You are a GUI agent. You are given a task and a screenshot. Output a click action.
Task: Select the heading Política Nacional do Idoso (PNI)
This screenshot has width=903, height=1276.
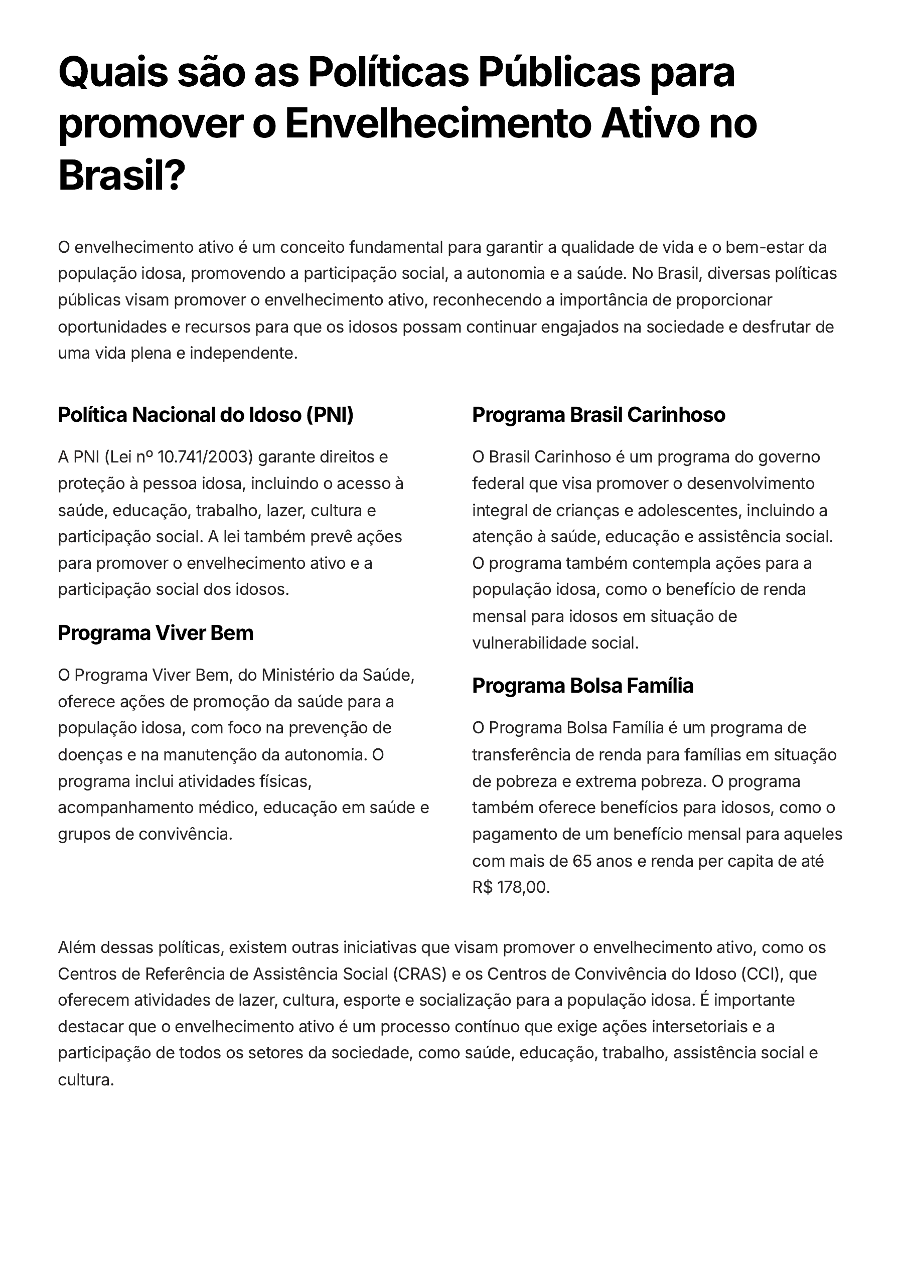tap(206, 415)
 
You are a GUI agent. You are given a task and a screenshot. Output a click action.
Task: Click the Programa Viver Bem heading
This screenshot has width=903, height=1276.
tap(156, 633)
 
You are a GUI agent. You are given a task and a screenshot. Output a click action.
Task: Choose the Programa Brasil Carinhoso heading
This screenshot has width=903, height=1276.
tap(599, 415)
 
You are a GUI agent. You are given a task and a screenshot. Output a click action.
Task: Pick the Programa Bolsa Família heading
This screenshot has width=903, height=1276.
tap(583, 686)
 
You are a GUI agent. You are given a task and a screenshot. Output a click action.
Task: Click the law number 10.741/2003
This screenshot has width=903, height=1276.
tap(205, 457)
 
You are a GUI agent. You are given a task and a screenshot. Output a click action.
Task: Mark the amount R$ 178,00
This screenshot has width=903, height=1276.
tap(510, 887)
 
